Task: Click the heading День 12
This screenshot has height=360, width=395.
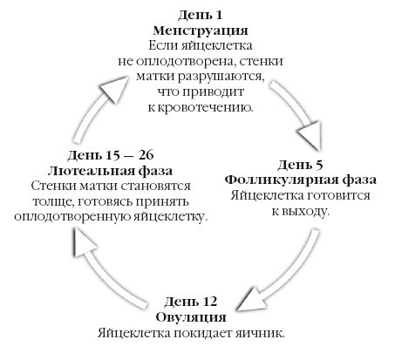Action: pos(196,301)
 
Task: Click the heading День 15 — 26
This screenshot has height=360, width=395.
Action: pos(112,153)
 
